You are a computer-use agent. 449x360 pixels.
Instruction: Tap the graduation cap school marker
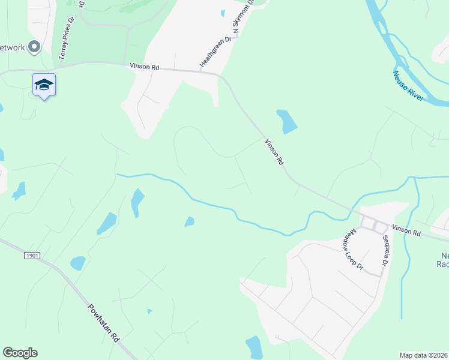click(x=44, y=85)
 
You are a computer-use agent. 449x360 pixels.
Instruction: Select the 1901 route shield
click(x=32, y=256)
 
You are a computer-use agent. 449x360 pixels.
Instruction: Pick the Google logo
click(x=20, y=353)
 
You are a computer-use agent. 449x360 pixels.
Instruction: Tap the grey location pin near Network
click(x=34, y=46)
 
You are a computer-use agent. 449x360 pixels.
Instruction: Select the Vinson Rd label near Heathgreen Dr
click(x=145, y=68)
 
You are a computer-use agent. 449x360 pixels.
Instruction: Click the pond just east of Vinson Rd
click(x=286, y=121)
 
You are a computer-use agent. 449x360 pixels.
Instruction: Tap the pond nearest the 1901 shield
click(x=78, y=263)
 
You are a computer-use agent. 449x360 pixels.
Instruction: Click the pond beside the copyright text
click(x=255, y=346)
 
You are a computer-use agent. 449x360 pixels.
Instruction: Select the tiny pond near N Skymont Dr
click(x=222, y=13)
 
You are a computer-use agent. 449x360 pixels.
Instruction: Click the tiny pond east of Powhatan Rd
click(x=149, y=311)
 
